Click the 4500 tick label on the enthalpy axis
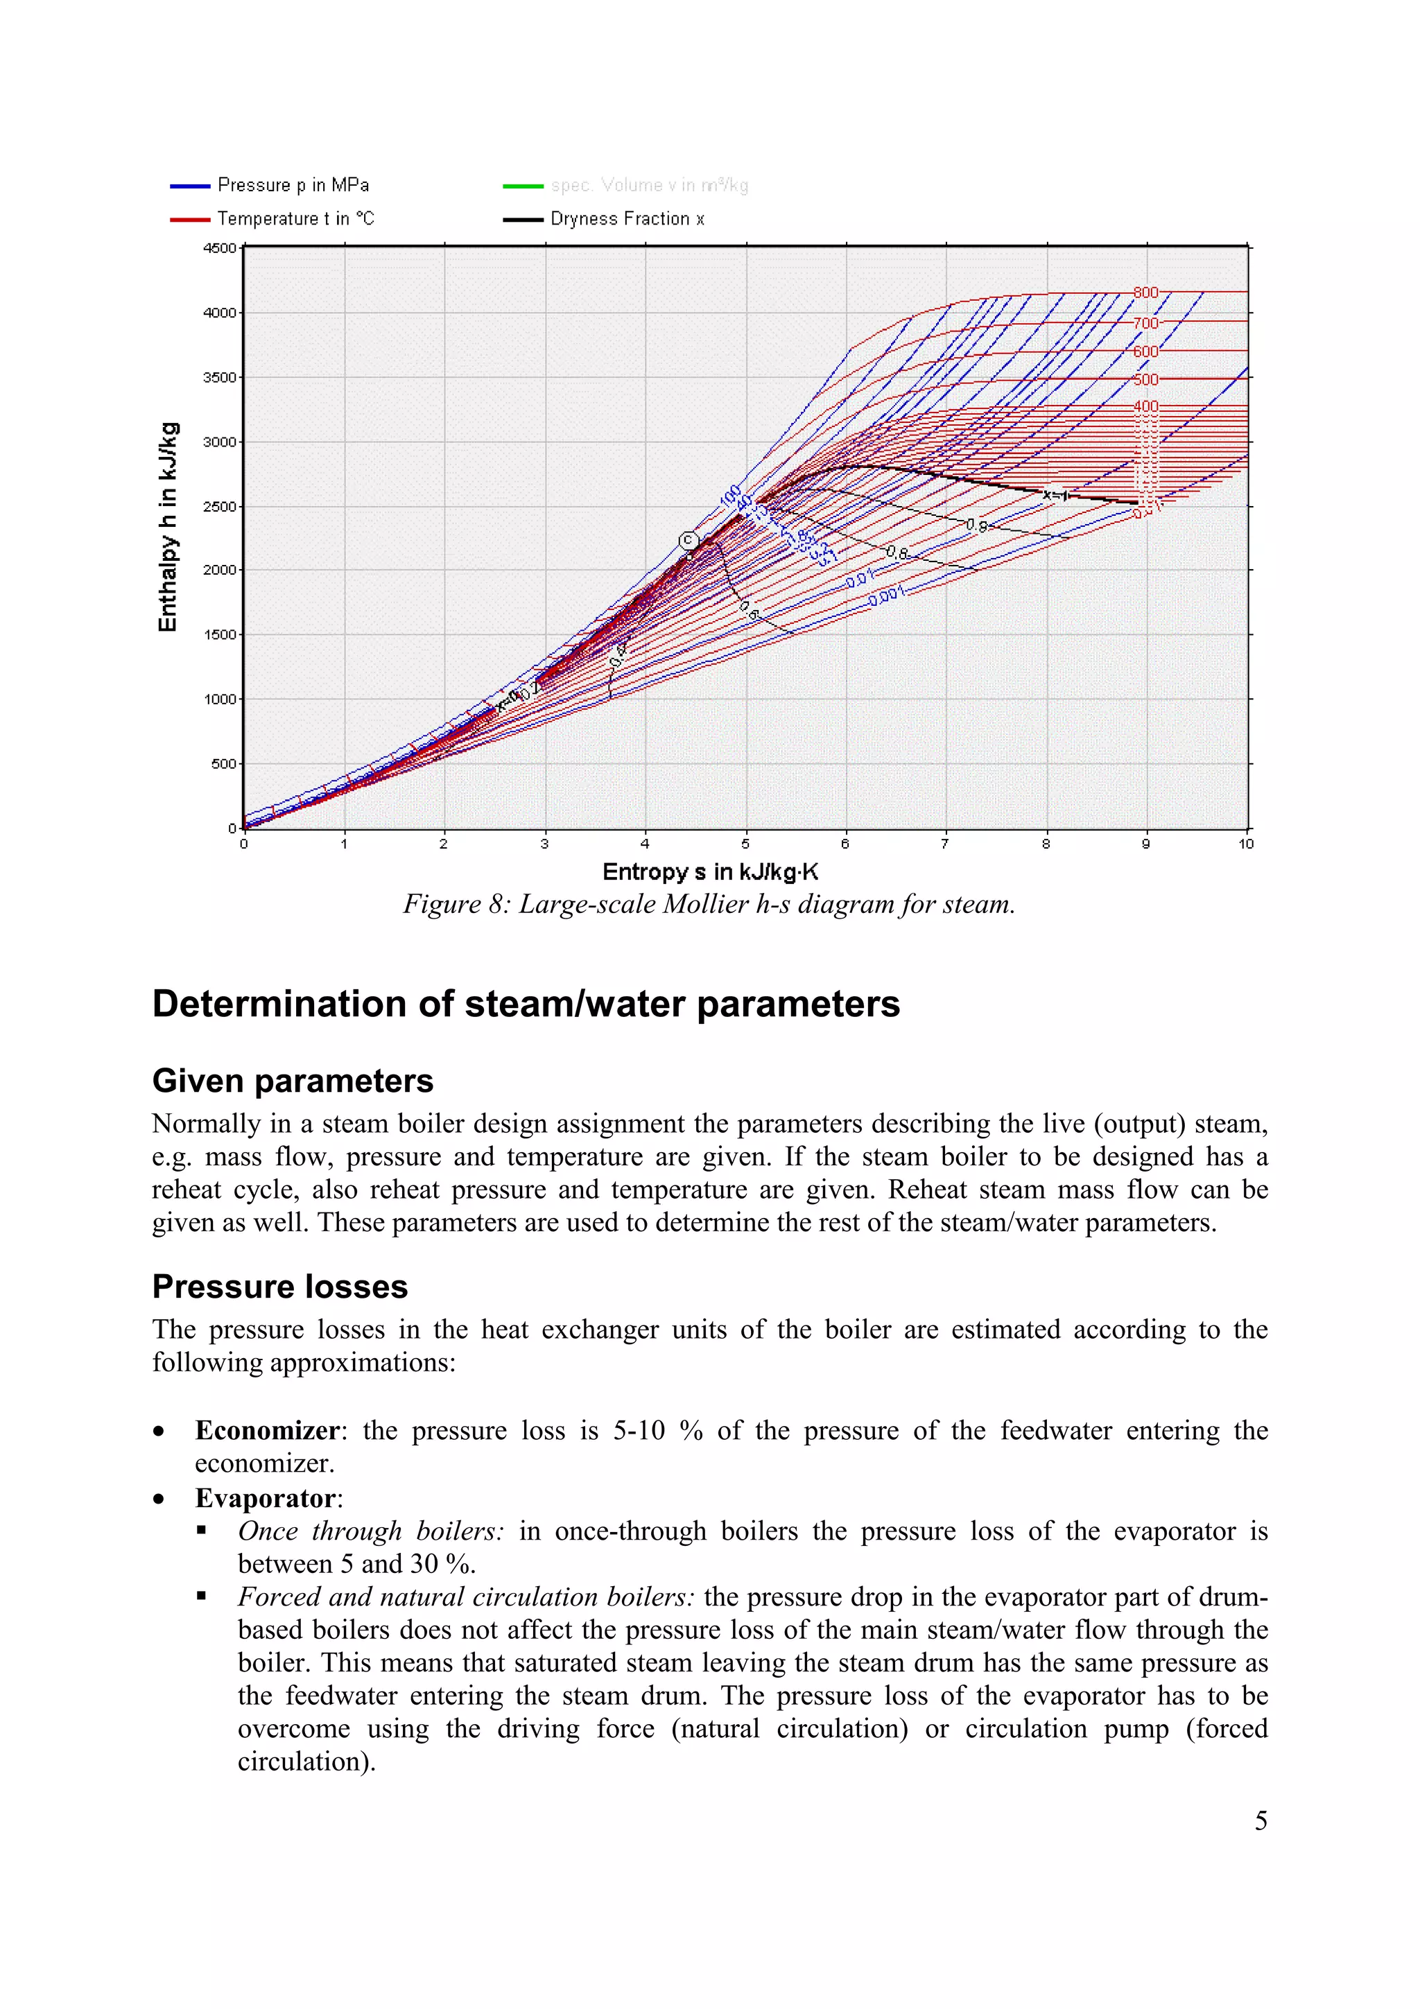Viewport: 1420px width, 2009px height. point(218,248)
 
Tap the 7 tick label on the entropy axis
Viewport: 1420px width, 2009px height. point(945,844)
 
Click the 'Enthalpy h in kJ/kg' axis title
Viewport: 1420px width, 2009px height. point(168,527)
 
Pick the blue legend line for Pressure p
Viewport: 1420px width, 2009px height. point(190,186)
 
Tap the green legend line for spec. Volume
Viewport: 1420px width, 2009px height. point(522,186)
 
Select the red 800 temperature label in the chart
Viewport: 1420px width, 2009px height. point(1145,293)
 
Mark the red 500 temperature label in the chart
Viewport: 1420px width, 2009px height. point(1145,380)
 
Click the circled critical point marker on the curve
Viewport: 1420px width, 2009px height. point(689,541)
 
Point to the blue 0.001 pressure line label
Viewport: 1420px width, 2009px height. point(886,598)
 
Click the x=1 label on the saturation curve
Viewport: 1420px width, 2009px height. point(1056,495)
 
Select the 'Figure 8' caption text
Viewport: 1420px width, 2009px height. point(709,904)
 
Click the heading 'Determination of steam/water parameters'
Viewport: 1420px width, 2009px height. point(526,1004)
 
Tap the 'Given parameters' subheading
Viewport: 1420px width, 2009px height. point(292,1081)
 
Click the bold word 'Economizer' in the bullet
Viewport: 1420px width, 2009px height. point(267,1431)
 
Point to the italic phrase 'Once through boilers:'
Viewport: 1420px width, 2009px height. point(371,1531)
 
